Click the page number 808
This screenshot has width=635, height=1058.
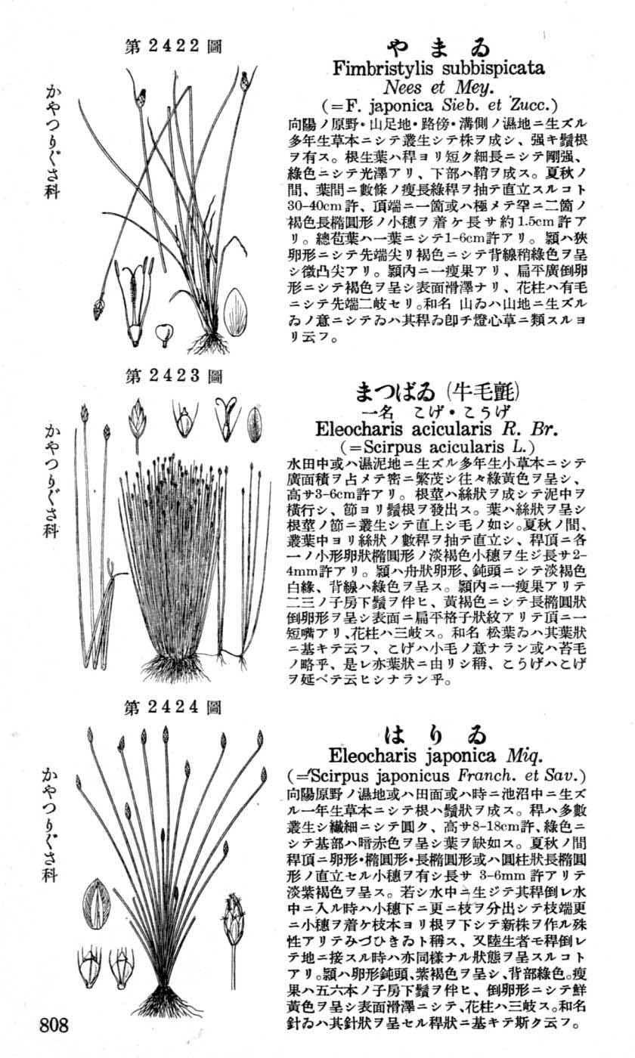tap(54, 1026)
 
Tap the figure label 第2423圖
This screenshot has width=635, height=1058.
tap(173, 376)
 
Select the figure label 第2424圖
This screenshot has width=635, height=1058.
tap(173, 708)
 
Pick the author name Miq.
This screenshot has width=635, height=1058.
tap(521, 756)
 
